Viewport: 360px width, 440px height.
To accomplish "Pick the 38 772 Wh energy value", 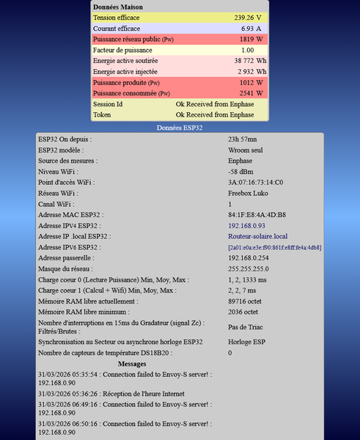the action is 249,61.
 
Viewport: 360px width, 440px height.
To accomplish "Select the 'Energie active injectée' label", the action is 125,72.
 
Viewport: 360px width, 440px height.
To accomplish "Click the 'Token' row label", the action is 102,115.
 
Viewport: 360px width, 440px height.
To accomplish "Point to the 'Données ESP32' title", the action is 180,128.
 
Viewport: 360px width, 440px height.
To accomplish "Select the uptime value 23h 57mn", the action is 243,139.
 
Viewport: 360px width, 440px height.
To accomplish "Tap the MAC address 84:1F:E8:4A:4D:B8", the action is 257,215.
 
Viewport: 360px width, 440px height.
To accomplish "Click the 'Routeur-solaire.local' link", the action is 258,237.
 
